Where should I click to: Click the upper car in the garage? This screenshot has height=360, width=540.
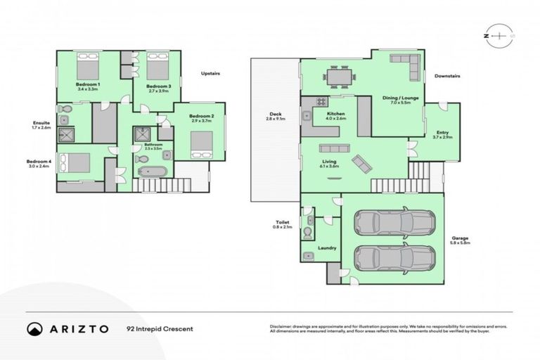click(x=385, y=223)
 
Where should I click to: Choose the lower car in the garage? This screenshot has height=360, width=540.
click(x=385, y=259)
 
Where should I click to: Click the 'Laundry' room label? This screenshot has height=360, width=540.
click(x=327, y=247)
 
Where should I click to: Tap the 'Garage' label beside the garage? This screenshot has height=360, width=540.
click(x=461, y=238)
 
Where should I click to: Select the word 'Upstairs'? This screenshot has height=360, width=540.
click(x=212, y=74)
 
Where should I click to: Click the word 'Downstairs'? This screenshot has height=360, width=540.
click(x=446, y=76)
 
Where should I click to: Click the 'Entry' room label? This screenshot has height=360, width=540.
click(x=442, y=132)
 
